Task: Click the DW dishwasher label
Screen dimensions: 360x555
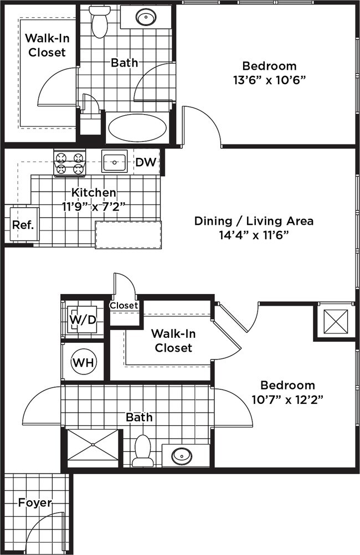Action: tap(146, 162)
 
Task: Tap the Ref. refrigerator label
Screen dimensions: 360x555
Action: tap(23, 225)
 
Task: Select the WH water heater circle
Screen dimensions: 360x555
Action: tap(84, 362)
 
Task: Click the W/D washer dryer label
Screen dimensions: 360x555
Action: tap(83, 320)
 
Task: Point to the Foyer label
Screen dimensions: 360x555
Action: tap(35, 502)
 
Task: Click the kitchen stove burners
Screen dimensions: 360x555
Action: tap(70, 163)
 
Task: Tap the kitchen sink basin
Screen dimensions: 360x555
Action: tap(114, 161)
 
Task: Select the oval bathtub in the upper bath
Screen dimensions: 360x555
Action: tap(137, 128)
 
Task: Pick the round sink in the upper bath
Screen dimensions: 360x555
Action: tap(146, 17)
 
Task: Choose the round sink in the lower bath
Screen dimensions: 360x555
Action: tap(181, 455)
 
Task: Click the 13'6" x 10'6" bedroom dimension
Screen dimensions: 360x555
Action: tap(269, 80)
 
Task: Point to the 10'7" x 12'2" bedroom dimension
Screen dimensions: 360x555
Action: tap(287, 400)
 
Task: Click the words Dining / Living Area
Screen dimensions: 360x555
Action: tap(254, 221)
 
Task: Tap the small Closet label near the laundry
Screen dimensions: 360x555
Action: tap(124, 305)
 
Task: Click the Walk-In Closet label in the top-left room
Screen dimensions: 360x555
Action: tap(47, 45)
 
